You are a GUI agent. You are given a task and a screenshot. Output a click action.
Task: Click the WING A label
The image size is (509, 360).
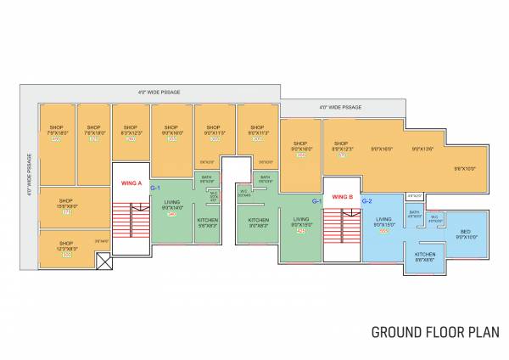pos(131,183)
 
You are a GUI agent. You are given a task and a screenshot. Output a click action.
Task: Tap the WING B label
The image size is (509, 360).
pos(342,197)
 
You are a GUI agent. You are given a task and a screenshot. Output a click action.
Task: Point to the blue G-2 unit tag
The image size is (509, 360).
pos(367,201)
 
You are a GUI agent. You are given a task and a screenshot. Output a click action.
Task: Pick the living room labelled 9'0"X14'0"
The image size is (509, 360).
pos(172,205)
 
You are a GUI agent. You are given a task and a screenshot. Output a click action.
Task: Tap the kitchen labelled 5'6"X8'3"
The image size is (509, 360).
pos(208,224)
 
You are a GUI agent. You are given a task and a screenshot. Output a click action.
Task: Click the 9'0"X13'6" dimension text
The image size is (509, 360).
pos(422,149)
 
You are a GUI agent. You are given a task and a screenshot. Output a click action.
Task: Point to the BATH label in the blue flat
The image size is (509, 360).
pos(414,213)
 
